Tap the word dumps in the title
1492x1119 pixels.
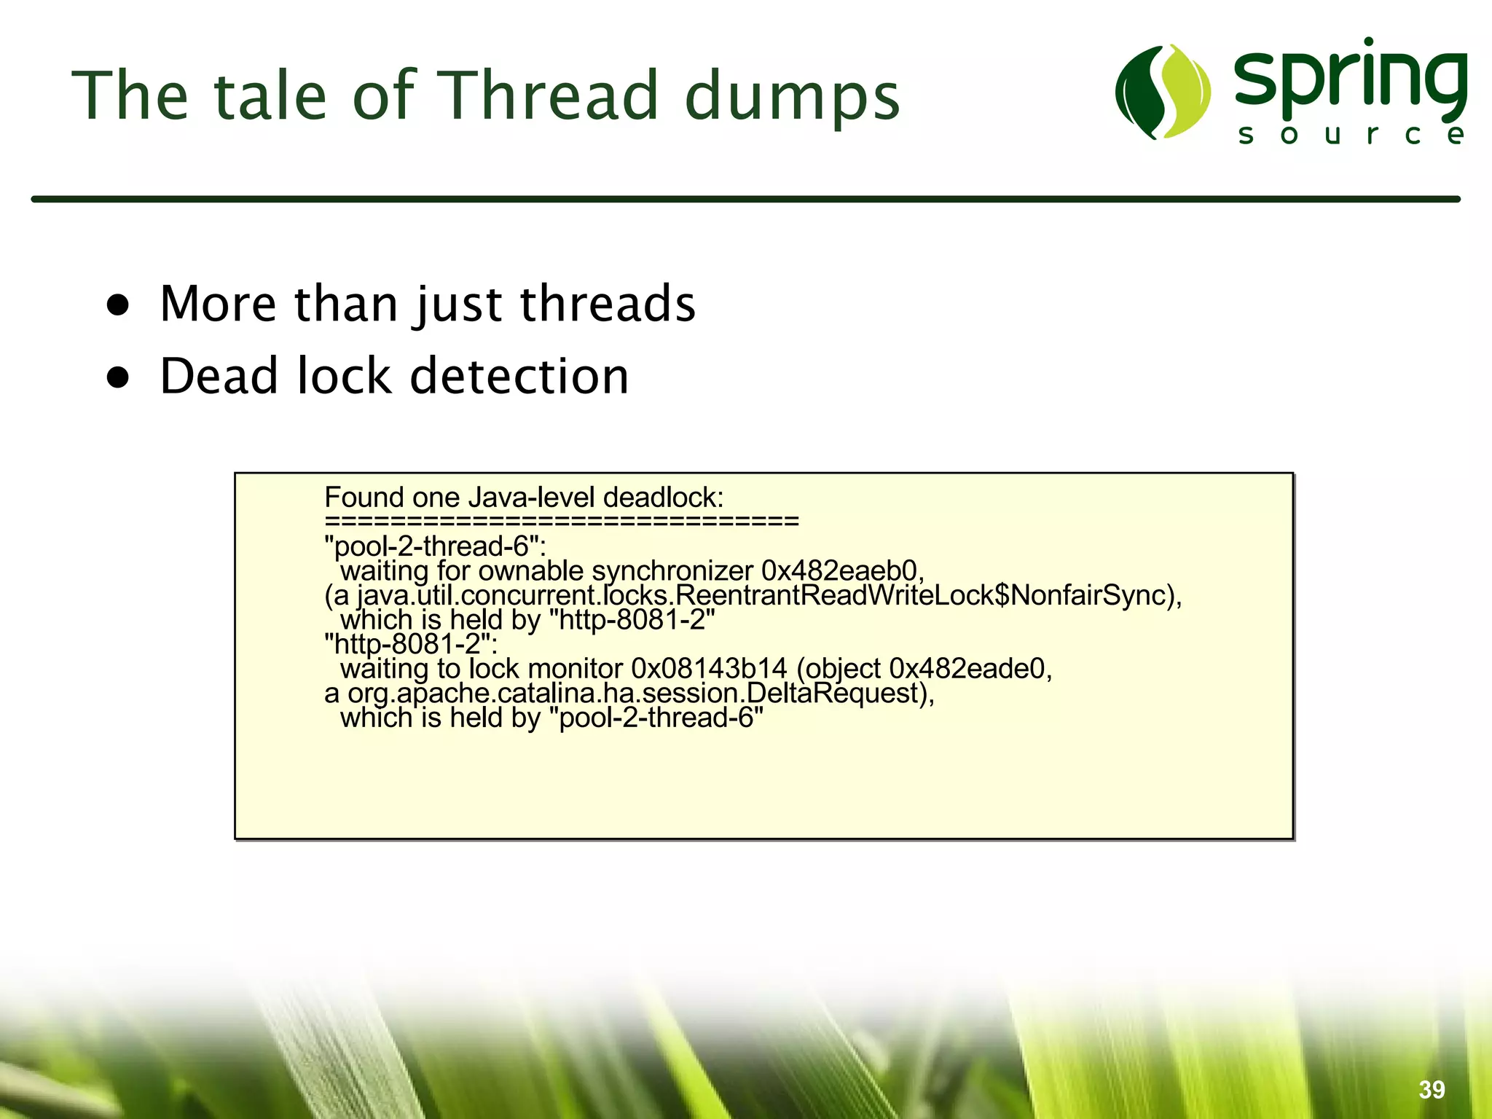pyautogui.click(x=793, y=98)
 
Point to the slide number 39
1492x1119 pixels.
pyautogui.click(x=1432, y=1089)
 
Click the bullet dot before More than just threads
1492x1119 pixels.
pyautogui.click(x=118, y=305)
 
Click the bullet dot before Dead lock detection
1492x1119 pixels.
pyautogui.click(x=118, y=377)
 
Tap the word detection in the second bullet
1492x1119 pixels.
pyautogui.click(x=519, y=377)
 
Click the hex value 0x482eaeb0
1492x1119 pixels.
pyautogui.click(x=841, y=570)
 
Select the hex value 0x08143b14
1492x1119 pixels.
pyautogui.click(x=709, y=668)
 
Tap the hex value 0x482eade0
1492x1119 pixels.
pyautogui.click(x=970, y=668)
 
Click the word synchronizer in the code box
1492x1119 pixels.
pyautogui.click(x=672, y=571)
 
